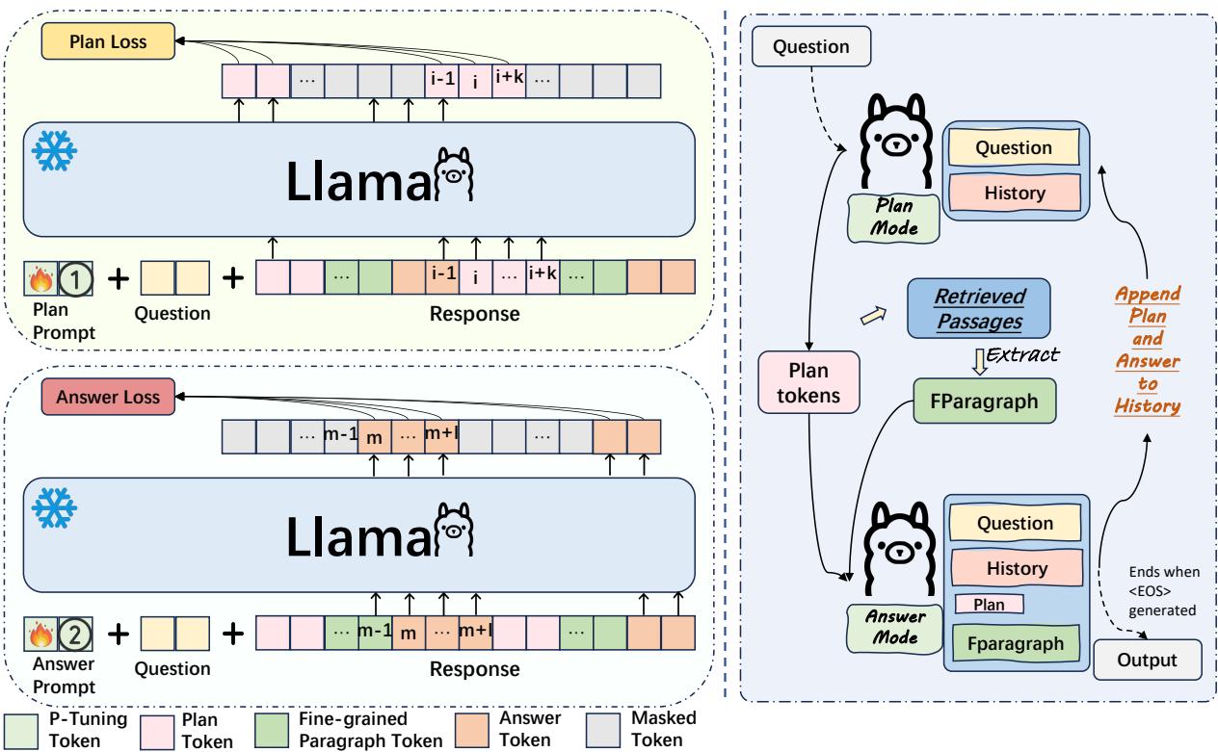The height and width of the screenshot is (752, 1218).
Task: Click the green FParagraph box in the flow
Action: click(x=984, y=402)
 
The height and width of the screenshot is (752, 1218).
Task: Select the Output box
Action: click(x=1148, y=660)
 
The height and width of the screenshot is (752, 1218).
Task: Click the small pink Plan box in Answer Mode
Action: click(x=988, y=604)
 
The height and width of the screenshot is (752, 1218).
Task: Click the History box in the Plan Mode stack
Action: click(x=1014, y=193)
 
